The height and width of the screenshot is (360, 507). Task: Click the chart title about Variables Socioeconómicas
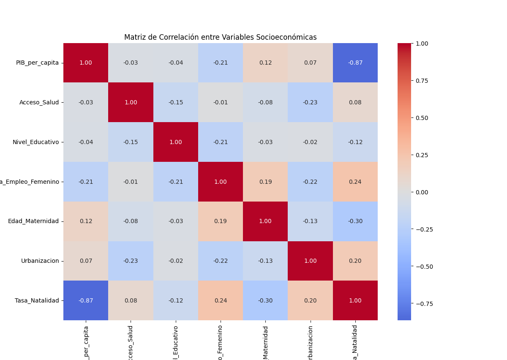tap(220, 37)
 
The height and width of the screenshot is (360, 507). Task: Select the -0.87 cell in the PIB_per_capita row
tap(355, 63)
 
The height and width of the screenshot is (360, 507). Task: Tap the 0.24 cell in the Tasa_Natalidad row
tap(221, 300)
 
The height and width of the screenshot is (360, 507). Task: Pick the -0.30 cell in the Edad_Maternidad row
tap(355, 221)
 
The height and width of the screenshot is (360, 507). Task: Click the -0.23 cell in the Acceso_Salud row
tap(310, 102)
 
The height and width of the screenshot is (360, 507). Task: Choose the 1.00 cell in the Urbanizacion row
tap(310, 261)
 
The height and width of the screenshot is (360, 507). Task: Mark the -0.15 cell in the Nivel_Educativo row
tap(131, 142)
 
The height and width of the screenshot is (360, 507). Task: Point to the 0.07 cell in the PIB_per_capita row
tap(310, 63)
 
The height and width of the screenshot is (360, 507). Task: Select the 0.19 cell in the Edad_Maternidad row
tap(221, 221)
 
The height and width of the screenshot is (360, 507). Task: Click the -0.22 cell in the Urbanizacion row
tap(221, 261)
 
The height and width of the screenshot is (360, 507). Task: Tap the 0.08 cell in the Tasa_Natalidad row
tap(131, 300)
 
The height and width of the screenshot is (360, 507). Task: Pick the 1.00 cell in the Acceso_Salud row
tap(131, 102)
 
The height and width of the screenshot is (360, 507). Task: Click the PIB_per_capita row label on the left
tap(37, 63)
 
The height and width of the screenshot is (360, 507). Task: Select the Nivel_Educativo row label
tap(35, 142)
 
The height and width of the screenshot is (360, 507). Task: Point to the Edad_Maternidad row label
tap(33, 221)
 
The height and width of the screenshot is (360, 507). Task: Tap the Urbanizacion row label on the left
tap(40, 261)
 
